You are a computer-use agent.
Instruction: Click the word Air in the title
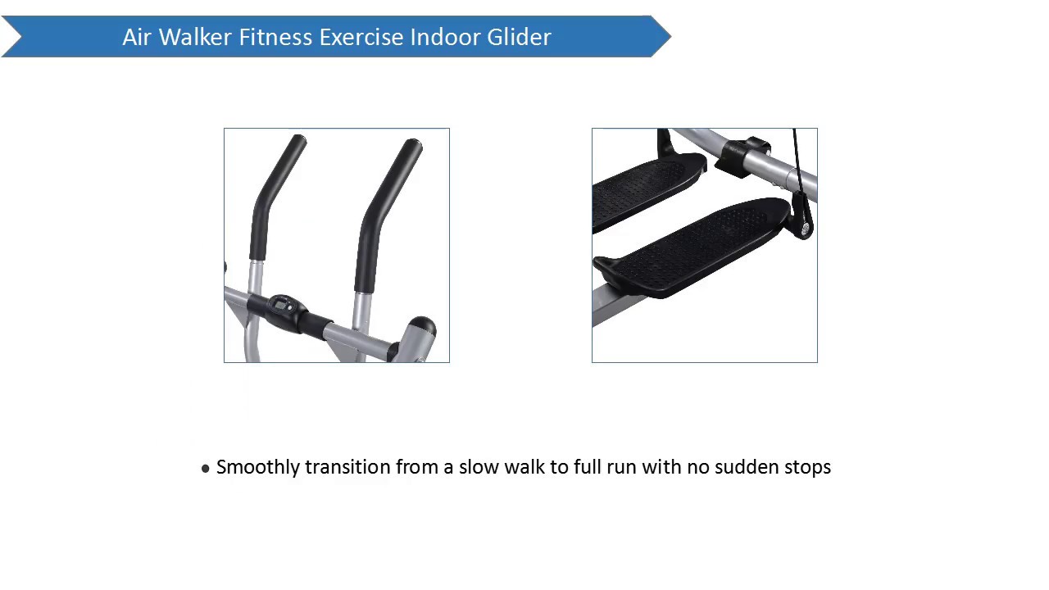pos(137,37)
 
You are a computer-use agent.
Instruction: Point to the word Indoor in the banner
pos(443,37)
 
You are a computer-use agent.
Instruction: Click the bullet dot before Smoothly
pos(206,468)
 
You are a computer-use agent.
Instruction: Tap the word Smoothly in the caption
pos(257,467)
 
